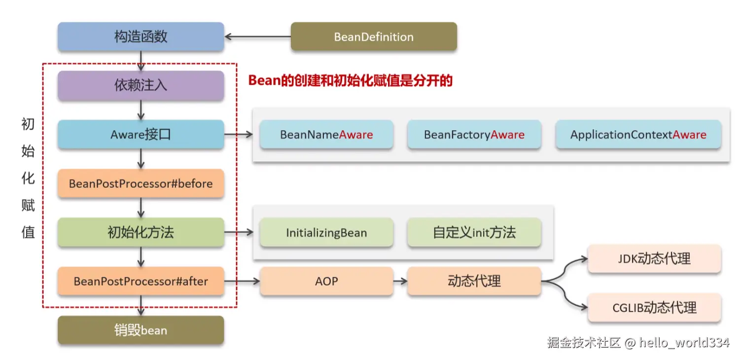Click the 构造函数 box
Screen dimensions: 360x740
tap(141, 36)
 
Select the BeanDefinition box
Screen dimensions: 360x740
tap(374, 36)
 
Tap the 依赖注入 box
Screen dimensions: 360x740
tap(141, 85)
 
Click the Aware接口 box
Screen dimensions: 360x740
tap(141, 134)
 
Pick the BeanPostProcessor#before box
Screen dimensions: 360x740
tap(141, 183)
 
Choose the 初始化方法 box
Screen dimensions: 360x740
tap(141, 232)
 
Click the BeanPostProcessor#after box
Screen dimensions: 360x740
tap(141, 281)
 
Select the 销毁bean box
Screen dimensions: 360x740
tap(141, 330)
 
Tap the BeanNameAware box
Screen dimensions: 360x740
tap(326, 134)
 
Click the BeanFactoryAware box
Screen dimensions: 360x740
tap(474, 134)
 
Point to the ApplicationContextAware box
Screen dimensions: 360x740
tap(638, 134)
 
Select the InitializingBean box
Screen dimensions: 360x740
tap(326, 232)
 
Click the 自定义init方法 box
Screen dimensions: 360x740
tap(474, 232)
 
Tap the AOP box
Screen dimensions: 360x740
tap(326, 281)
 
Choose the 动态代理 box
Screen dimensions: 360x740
tap(474, 281)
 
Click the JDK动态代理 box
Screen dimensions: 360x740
tap(655, 258)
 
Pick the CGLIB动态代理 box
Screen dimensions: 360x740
tap(655, 308)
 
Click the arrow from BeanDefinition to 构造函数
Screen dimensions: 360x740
tap(257, 36)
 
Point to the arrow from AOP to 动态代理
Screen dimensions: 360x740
tap(400, 281)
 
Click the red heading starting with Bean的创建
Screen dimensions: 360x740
tap(350, 80)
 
